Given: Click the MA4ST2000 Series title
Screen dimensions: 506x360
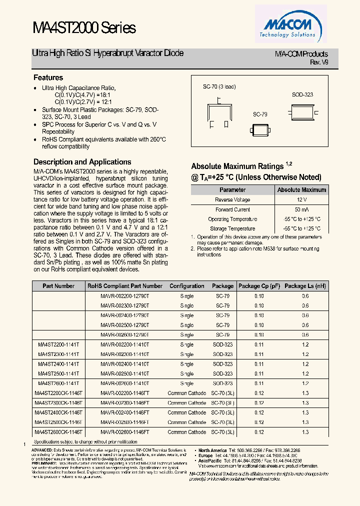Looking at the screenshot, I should click(84, 28).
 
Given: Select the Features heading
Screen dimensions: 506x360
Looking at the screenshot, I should click(48, 77).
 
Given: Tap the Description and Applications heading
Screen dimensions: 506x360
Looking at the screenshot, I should click(82, 162).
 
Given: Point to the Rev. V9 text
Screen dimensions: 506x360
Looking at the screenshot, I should click(319, 62).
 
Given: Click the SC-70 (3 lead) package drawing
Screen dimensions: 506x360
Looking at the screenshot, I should click(219, 109).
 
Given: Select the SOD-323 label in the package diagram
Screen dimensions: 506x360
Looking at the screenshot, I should click(302, 94).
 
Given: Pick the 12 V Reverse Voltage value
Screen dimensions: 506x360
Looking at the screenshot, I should click(301, 200).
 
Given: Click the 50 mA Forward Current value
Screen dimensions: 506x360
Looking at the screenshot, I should click(301, 209).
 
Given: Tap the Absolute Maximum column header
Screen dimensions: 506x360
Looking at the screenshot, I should click(301, 190).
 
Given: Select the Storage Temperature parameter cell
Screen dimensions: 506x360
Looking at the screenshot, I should click(232, 229).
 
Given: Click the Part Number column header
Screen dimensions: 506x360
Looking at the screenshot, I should click(58, 286).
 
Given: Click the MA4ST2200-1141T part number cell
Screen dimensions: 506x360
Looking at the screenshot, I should click(58, 344).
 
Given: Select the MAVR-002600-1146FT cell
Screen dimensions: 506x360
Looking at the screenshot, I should click(124, 432).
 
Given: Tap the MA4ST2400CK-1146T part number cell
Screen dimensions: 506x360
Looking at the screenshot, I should click(58, 412).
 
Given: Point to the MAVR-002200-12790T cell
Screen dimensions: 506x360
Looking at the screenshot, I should click(124, 296).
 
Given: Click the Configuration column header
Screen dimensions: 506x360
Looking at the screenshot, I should click(186, 286).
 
